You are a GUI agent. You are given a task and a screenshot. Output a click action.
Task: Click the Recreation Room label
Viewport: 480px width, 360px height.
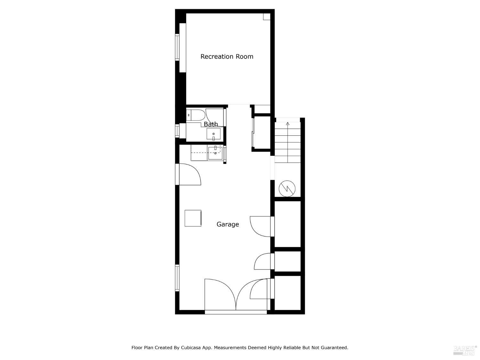227,57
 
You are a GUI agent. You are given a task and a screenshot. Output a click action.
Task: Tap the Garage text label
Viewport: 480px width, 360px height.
228,224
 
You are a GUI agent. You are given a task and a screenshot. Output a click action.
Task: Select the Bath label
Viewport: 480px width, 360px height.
211,124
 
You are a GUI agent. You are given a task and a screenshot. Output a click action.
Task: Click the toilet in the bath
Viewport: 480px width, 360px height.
195,115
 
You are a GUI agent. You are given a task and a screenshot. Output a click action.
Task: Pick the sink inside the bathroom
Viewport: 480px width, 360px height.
213,134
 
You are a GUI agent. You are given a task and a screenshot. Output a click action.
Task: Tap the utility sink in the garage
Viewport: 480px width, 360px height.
215,153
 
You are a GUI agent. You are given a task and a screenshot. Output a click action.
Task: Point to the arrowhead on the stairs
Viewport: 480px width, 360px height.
288,124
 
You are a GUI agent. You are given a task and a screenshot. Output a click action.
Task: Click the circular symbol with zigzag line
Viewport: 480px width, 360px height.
287,188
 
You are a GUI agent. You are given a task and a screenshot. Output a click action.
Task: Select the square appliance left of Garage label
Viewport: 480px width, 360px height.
193,218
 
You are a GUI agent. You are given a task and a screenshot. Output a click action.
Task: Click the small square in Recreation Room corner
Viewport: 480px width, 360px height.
267,17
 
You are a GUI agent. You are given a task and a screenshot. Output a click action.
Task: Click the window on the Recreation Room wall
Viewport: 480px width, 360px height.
177,47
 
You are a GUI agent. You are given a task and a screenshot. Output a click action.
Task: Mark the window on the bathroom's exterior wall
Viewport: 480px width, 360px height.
177,131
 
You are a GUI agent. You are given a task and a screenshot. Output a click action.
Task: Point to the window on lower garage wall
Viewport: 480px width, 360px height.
177,278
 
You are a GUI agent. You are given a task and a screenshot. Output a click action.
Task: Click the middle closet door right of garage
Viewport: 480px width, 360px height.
263,261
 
